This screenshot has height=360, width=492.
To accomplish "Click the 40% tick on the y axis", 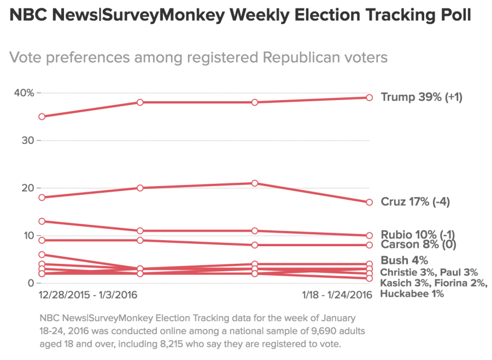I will (24, 93).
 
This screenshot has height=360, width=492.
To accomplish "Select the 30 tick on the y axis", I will (27, 141).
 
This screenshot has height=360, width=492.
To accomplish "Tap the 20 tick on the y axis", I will (27, 188).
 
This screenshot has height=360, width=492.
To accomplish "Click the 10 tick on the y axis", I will (27, 235).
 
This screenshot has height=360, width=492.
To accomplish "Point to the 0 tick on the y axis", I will (30, 283).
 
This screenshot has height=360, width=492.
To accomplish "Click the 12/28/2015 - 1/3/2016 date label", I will (88, 295).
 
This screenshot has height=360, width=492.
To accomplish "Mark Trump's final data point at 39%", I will (369, 97).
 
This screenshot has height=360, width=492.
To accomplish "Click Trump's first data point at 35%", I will (42, 117).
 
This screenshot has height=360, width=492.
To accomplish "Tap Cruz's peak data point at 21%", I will (254, 183).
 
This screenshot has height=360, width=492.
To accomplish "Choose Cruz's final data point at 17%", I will (369, 202).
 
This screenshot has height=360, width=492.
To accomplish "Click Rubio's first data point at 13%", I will (42, 221).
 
